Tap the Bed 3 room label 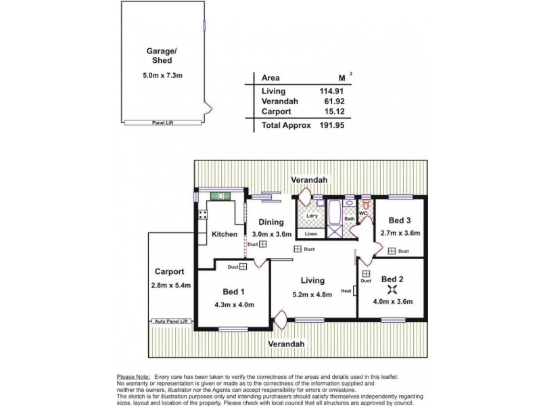[401, 221]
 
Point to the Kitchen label [224, 235]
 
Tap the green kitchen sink [219, 196]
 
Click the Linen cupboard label [310, 234]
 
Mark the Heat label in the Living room [346, 292]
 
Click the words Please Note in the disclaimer [133, 376]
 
